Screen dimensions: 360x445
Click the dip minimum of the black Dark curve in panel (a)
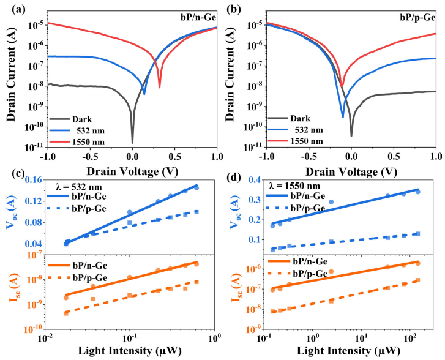[132, 142]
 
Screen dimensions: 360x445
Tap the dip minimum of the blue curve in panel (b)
[343, 116]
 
